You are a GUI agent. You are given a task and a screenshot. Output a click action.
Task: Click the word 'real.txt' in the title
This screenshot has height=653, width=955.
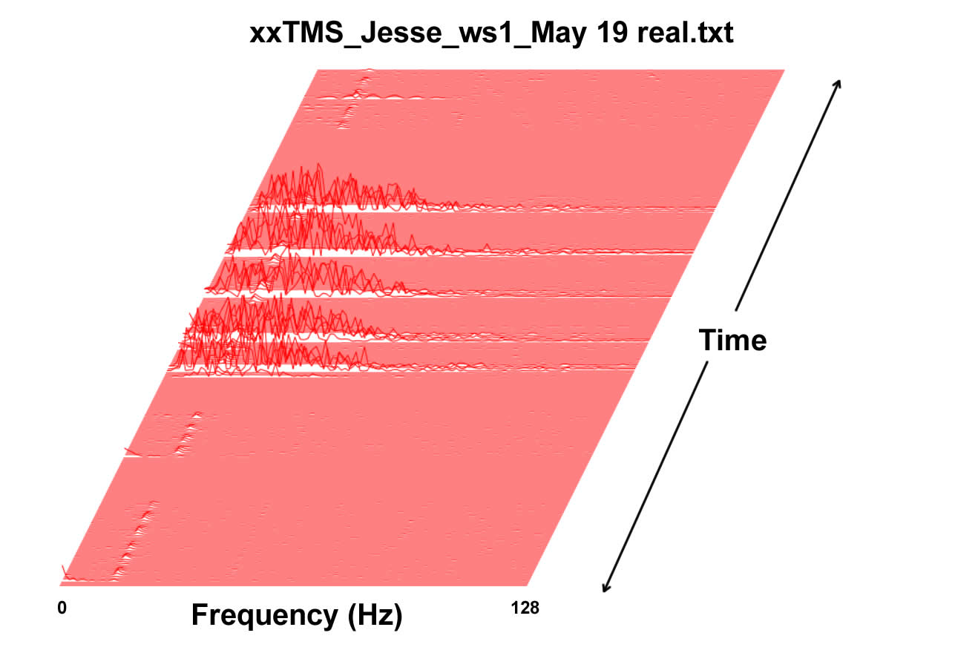point(685,33)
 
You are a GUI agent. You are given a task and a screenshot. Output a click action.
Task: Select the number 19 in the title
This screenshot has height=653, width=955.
point(611,33)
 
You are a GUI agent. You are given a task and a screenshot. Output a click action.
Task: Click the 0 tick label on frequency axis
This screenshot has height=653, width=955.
point(62,608)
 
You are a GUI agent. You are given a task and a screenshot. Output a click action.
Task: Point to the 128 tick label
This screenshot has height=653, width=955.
point(525,608)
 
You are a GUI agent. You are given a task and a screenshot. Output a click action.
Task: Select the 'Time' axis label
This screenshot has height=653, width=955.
point(732,340)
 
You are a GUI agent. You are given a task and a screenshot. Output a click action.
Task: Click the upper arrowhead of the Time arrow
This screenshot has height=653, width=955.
point(839,82)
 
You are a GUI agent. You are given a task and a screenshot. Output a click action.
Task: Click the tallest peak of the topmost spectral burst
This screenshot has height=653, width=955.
point(318,164)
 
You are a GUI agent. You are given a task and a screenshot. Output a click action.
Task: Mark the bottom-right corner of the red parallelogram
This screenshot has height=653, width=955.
point(528,586)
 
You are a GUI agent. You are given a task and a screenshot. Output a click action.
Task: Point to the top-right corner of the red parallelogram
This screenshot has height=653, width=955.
point(784,70)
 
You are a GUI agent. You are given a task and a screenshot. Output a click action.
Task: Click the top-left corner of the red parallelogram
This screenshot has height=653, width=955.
point(318,70)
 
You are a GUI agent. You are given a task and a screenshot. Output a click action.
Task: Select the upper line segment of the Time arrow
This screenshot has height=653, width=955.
point(788,195)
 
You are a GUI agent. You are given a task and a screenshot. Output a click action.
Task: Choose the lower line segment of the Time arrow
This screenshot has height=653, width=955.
point(655,476)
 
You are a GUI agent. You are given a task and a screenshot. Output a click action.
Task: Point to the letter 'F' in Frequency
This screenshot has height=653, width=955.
point(200,614)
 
